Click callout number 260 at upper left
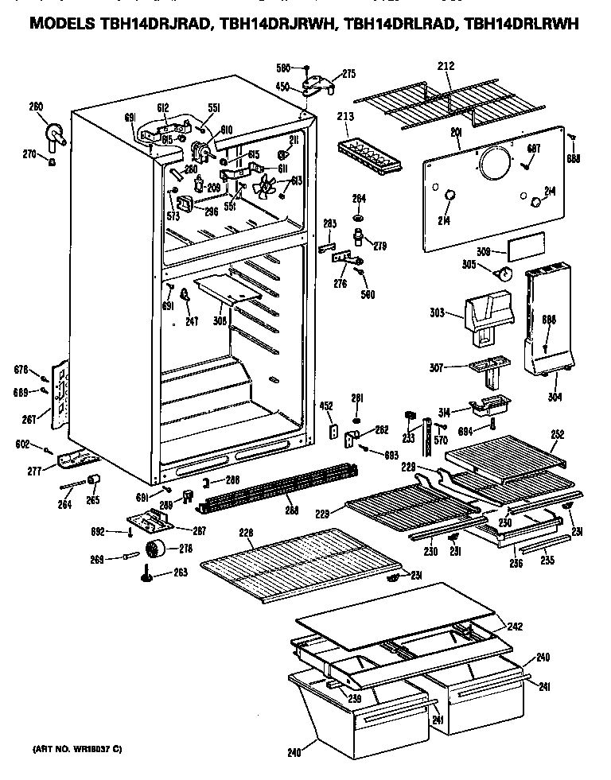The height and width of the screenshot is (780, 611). click(x=36, y=108)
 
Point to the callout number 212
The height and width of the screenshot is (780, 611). click(x=446, y=66)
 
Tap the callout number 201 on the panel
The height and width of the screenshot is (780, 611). click(x=457, y=132)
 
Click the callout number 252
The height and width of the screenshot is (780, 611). click(x=558, y=434)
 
